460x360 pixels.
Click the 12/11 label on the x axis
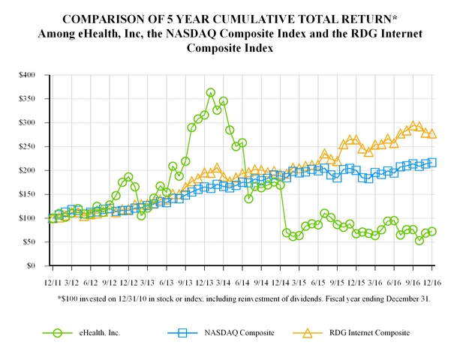[x=53, y=283]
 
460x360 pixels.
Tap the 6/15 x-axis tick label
[x=319, y=283]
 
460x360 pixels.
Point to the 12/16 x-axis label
[x=432, y=283]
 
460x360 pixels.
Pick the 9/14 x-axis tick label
[x=261, y=283]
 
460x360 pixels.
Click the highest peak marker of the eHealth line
[x=211, y=93]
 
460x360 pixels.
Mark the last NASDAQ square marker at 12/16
[x=432, y=162]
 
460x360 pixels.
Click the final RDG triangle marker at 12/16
[x=432, y=133]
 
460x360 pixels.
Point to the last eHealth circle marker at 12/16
[x=432, y=232]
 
